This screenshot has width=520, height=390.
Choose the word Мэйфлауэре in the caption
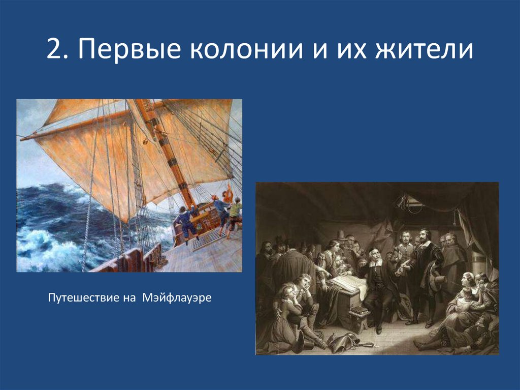[x=173, y=296]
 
